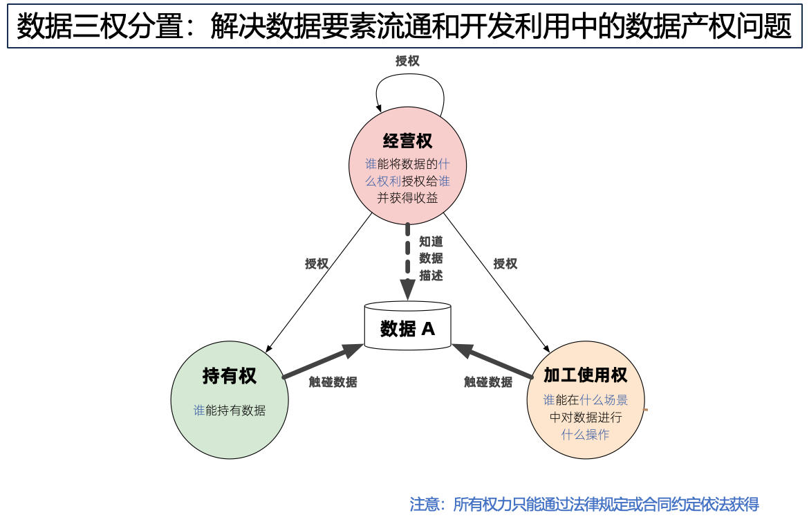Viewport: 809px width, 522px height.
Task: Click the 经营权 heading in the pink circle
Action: pyautogui.click(x=407, y=141)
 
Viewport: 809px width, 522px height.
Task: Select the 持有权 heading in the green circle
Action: pyautogui.click(x=229, y=376)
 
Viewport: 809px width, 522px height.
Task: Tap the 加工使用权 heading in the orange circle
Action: pyautogui.click(x=585, y=375)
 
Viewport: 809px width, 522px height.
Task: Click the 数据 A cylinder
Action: pyautogui.click(x=407, y=327)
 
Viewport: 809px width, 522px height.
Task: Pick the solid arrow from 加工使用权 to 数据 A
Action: pyautogui.click(x=492, y=361)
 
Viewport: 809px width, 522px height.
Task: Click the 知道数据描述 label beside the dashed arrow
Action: pyautogui.click(x=431, y=258)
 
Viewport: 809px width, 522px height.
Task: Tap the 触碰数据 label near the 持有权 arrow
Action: pyautogui.click(x=333, y=382)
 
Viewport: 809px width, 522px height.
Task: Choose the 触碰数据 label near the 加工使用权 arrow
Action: pyautogui.click(x=488, y=382)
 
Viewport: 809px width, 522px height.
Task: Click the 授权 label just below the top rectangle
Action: pyautogui.click(x=407, y=61)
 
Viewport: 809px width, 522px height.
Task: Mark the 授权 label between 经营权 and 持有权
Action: pyautogui.click(x=317, y=264)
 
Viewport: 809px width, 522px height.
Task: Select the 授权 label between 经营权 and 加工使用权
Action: pyautogui.click(x=505, y=264)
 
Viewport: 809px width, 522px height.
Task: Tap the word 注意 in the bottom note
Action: pyautogui.click(x=423, y=504)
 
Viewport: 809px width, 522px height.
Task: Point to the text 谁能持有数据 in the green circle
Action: pyautogui.click(x=229, y=411)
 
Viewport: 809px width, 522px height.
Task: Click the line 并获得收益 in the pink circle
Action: pyautogui.click(x=407, y=198)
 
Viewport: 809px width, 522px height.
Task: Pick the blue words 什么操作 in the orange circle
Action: pyautogui.click(x=585, y=435)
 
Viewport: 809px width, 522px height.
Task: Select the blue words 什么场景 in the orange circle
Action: pyautogui.click(x=604, y=400)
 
